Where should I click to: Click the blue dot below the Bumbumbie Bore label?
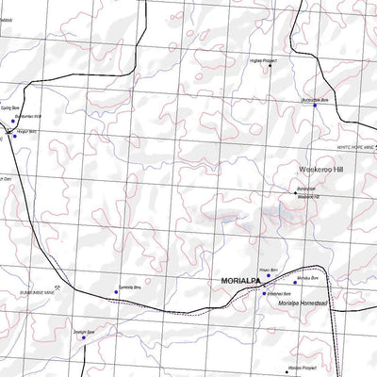(315, 106)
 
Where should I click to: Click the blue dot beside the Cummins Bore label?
(117, 292)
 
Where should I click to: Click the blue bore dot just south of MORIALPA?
(265, 294)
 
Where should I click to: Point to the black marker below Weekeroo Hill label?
(294, 193)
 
